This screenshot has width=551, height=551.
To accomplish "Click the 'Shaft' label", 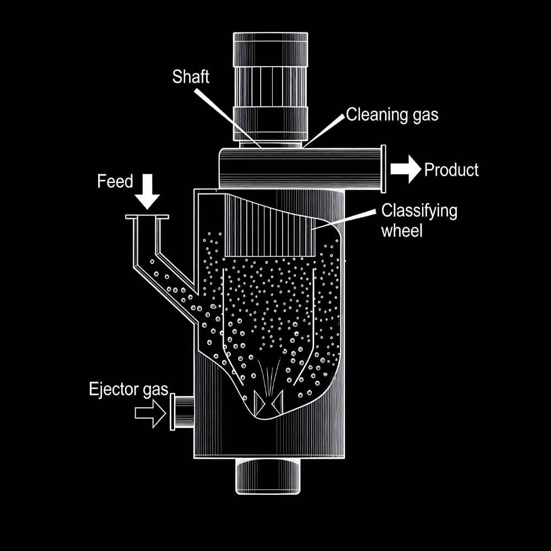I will [x=191, y=76].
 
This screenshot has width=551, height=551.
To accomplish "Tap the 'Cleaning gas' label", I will [x=392, y=115].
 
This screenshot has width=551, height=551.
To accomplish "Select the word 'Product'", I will [x=451, y=170].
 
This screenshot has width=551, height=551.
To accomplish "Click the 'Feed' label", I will [x=115, y=181].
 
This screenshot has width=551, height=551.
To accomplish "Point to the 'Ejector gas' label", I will [x=128, y=390].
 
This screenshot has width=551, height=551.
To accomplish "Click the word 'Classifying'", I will [x=419, y=210].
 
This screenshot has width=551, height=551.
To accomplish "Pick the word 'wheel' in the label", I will [x=402, y=230].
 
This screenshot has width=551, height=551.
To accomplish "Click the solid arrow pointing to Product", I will [x=406, y=169].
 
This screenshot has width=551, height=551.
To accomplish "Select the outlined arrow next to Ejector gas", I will [x=150, y=412].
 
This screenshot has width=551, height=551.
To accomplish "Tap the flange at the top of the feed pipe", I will [x=146, y=218].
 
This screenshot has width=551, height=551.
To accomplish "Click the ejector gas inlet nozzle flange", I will [x=173, y=412].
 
